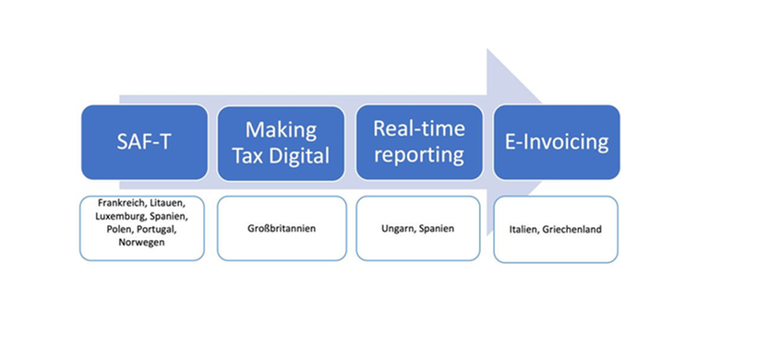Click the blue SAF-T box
pyautogui.click(x=144, y=142)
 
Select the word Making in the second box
pyautogui.click(x=281, y=130)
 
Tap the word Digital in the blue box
pyautogui.click(x=299, y=155)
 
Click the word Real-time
pyautogui.click(x=418, y=128)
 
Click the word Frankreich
pyautogui.click(x=120, y=202)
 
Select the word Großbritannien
pyautogui.click(x=281, y=228)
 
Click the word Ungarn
pyautogui.click(x=398, y=228)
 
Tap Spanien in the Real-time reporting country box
pyautogui.click(x=436, y=228)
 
